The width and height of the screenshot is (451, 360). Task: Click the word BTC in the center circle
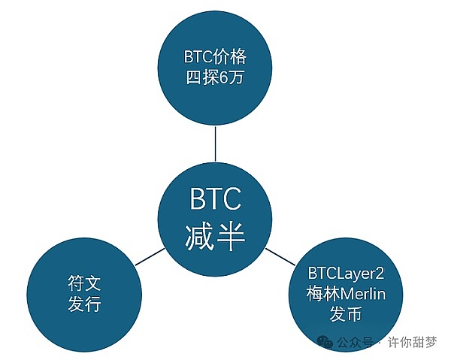coord(214,201)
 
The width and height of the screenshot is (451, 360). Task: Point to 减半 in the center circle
coord(214,237)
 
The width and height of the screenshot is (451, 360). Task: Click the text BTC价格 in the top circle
coord(214,56)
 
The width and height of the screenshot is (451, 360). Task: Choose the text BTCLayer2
coord(347,274)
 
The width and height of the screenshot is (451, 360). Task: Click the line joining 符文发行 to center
coord(148,256)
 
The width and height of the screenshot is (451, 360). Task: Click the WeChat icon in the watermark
coord(325,342)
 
